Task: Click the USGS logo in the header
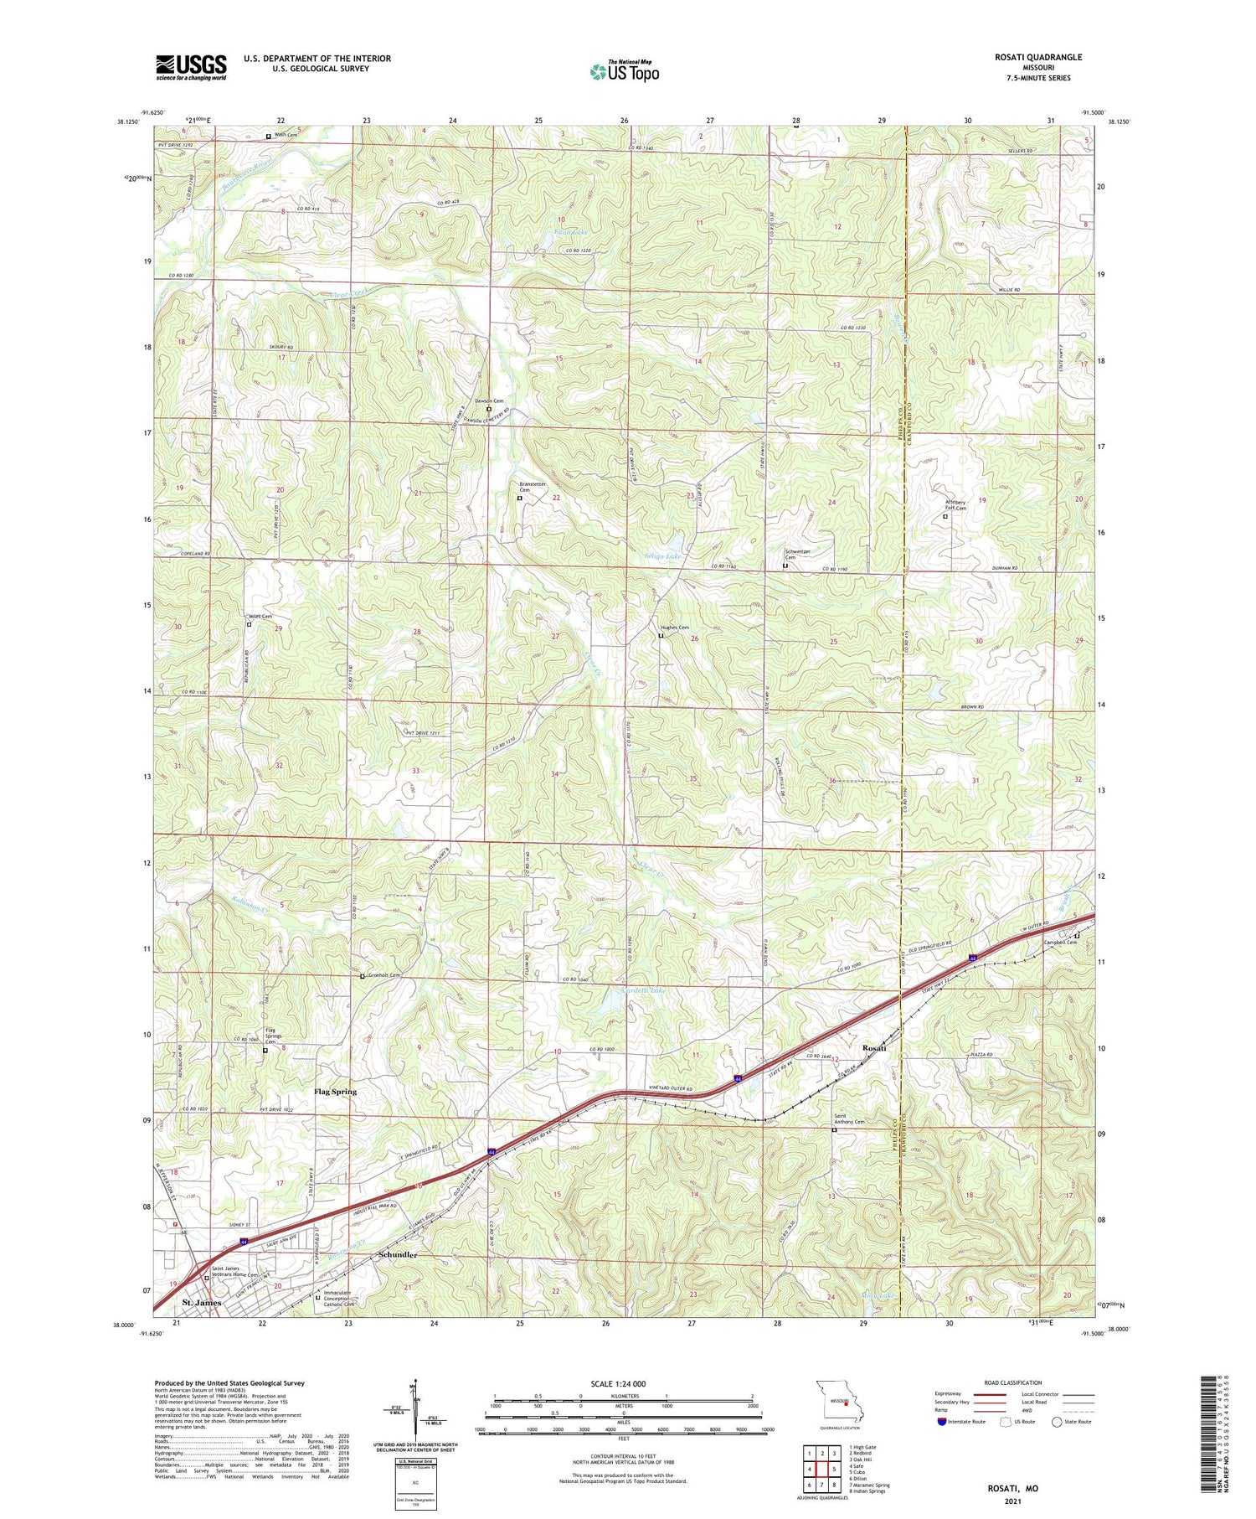click(x=191, y=67)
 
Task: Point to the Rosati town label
click(x=878, y=1047)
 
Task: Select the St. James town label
click(x=201, y=1303)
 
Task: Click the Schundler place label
click(x=398, y=1255)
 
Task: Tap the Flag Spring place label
click(x=335, y=1092)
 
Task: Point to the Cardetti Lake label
click(x=644, y=991)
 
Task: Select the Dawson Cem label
click(x=490, y=401)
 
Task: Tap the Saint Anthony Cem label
click(x=848, y=1119)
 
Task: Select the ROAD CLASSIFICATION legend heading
click(x=1013, y=1382)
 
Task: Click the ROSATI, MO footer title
click(x=1013, y=1488)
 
